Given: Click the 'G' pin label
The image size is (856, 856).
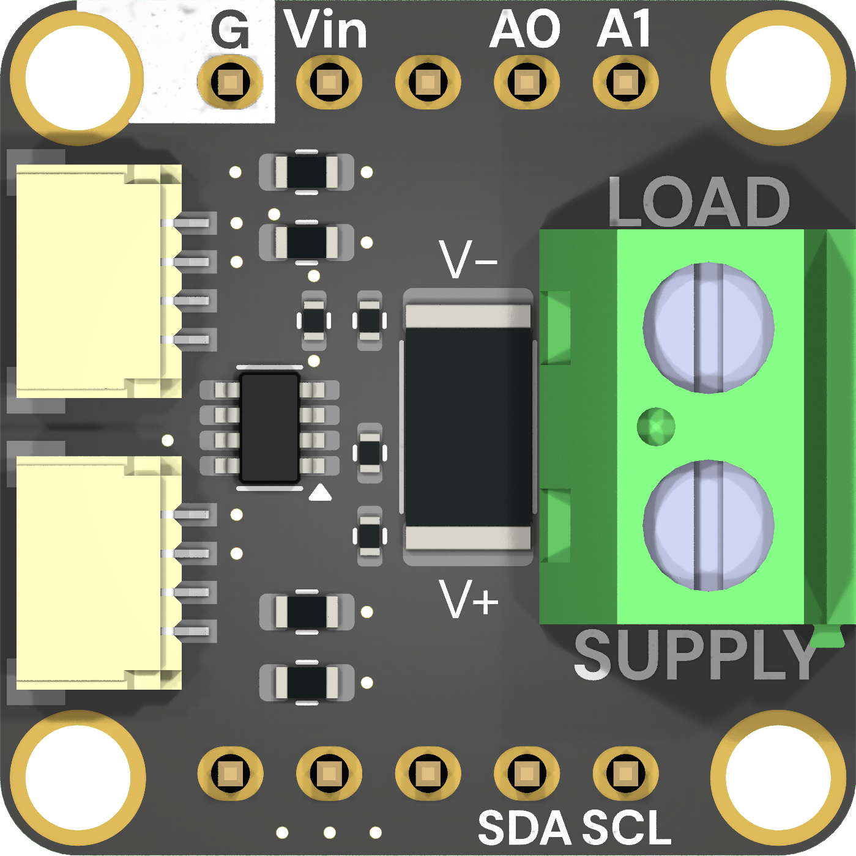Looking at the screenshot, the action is pyautogui.click(x=230, y=29).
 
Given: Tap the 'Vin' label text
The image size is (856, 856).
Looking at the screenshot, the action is pyautogui.click(x=326, y=28).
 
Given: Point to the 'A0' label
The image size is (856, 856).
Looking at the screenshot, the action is pyautogui.click(x=525, y=29).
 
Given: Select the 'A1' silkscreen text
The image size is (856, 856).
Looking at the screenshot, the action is pyautogui.click(x=624, y=28).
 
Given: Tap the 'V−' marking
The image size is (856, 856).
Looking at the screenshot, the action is pyautogui.click(x=468, y=259).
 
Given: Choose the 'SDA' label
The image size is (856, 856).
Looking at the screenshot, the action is pyautogui.click(x=525, y=827).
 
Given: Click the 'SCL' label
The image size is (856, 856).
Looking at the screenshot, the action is pyautogui.click(x=627, y=827).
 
